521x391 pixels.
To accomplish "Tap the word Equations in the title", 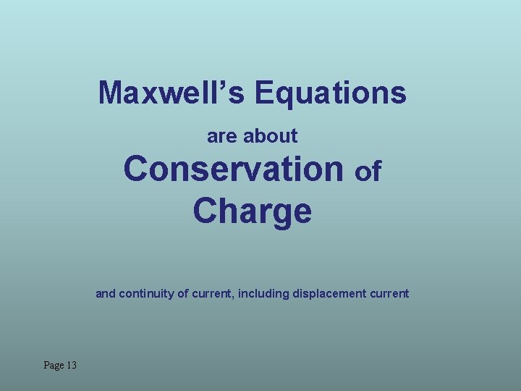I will [331, 93].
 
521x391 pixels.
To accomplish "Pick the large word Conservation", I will [234, 169].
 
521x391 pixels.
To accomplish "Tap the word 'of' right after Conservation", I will [368, 172].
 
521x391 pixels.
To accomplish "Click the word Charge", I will [253, 211].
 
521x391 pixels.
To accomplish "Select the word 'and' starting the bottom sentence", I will [106, 294].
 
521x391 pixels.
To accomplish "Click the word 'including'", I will [263, 294].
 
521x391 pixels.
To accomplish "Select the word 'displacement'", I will [331, 294].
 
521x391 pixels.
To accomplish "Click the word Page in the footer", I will [53, 366].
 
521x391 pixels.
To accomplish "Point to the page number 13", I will [71, 366].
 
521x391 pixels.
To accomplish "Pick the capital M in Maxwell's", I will [111, 93].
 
